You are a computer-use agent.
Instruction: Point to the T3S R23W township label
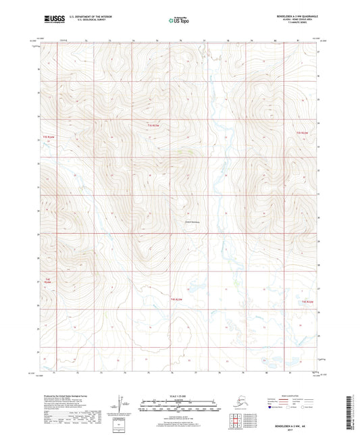point(153,125)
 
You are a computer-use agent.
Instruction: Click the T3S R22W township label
point(303,133)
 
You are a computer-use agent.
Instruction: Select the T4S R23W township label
point(176,299)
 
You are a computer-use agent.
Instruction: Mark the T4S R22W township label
point(308,301)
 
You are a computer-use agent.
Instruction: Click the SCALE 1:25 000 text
point(179,395)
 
